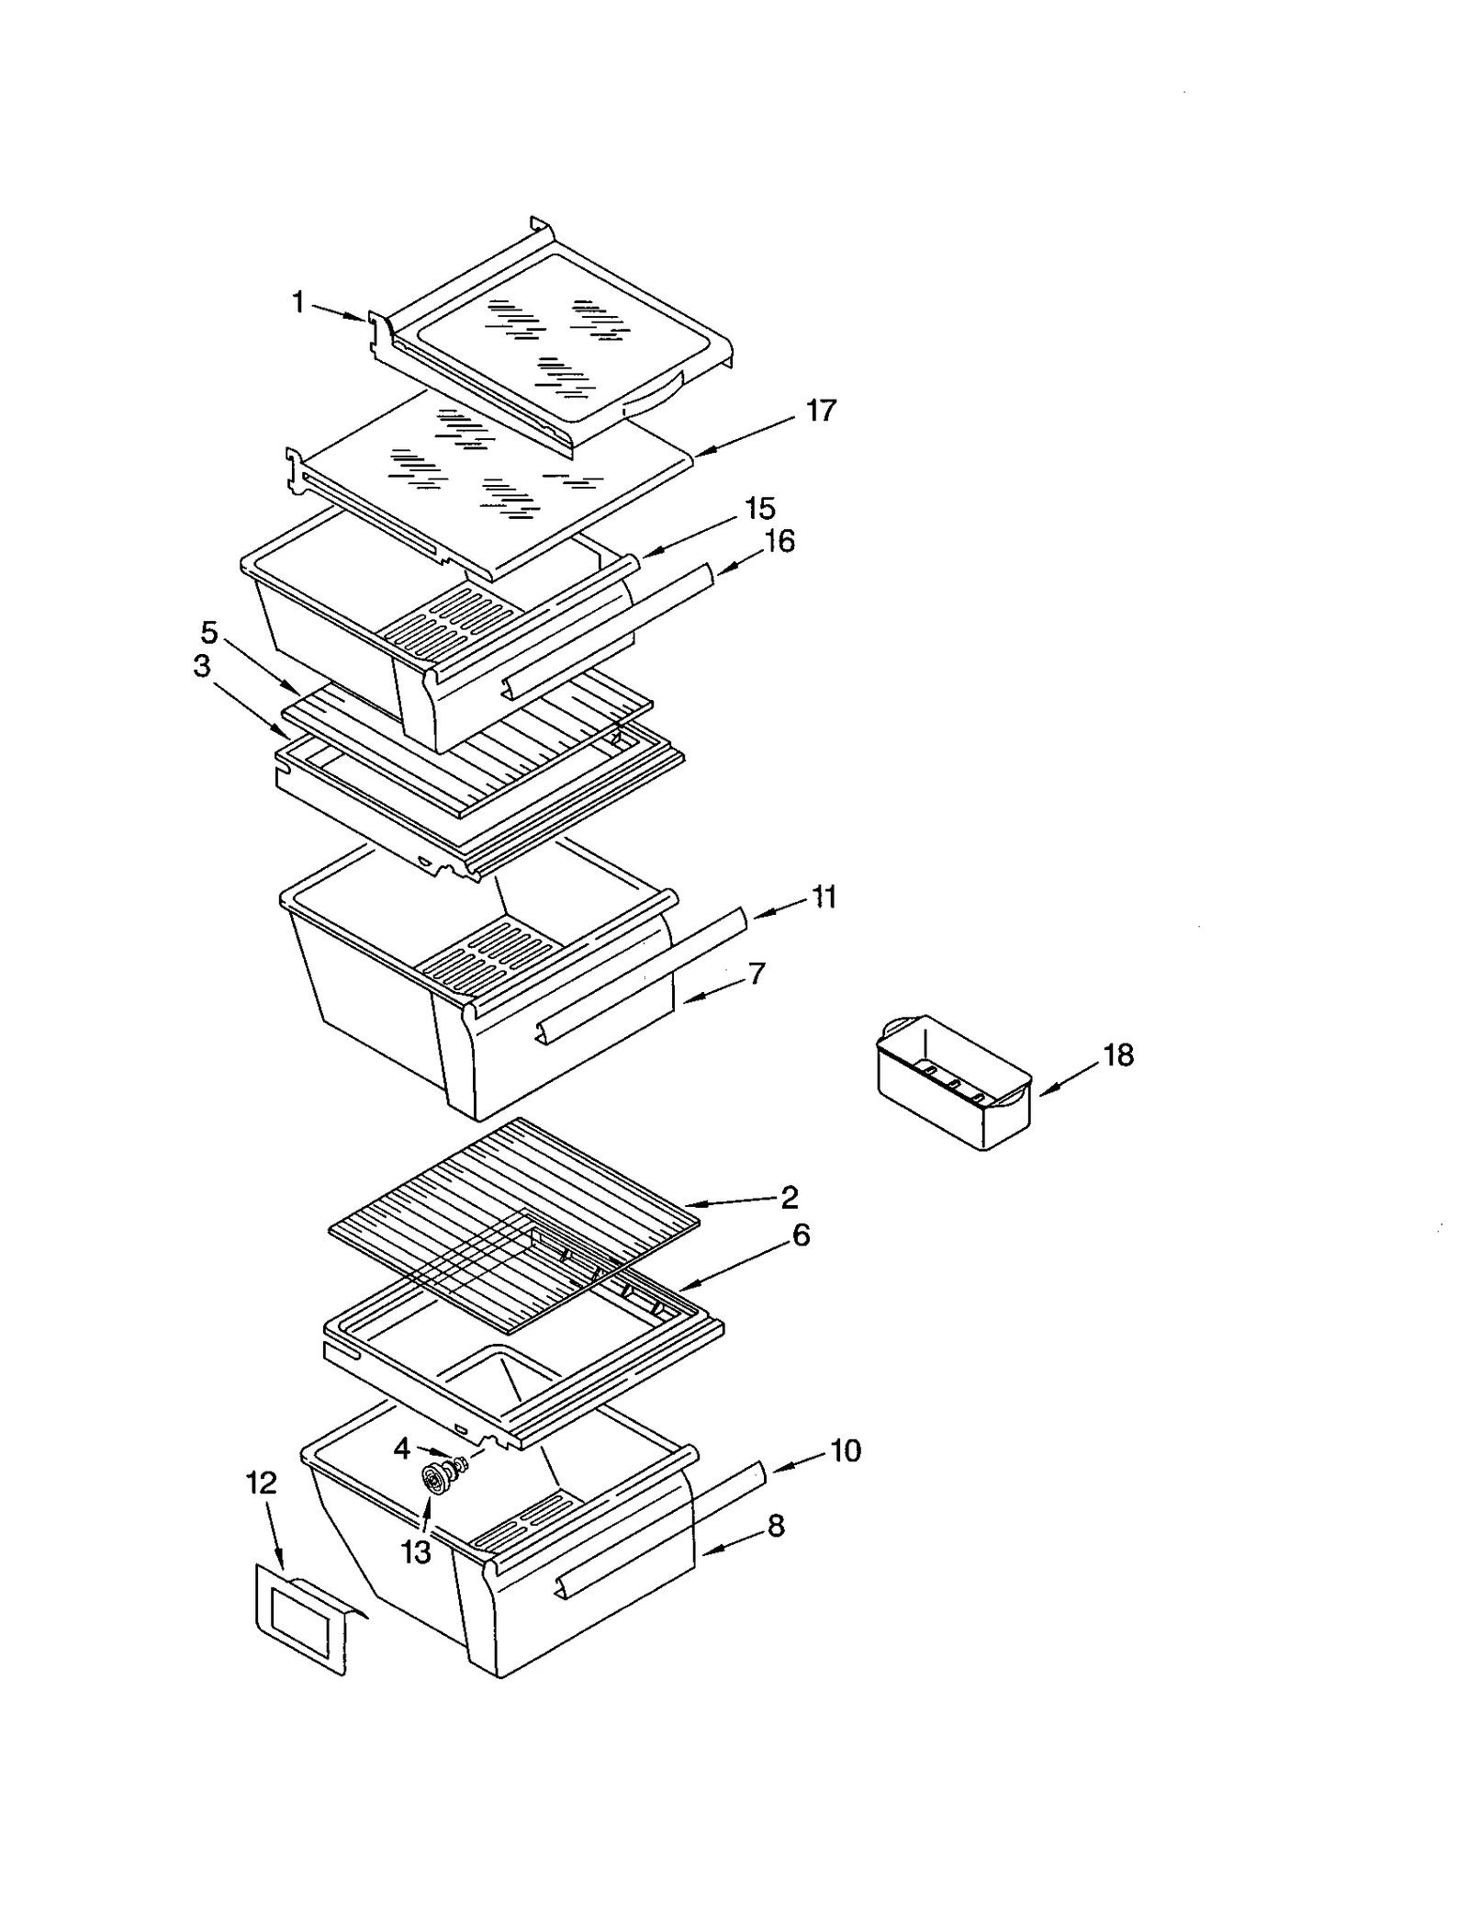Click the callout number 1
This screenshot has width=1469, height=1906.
pyautogui.click(x=297, y=301)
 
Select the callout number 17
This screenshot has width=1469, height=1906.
pyautogui.click(x=821, y=410)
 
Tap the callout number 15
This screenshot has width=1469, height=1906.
pyautogui.click(x=759, y=508)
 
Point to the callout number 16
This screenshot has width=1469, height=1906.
pyautogui.click(x=779, y=541)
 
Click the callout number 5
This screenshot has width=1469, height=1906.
pyautogui.click(x=209, y=632)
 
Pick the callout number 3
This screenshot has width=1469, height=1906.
pyautogui.click(x=202, y=666)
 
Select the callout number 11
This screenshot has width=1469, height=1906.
pyautogui.click(x=824, y=897)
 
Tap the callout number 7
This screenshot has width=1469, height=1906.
pyautogui.click(x=757, y=974)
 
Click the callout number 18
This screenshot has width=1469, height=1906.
pyautogui.click(x=1117, y=1055)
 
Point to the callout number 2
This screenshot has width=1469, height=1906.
pyautogui.click(x=789, y=1196)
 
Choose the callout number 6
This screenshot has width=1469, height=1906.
pyautogui.click(x=801, y=1235)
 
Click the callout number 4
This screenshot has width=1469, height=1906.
pyautogui.click(x=401, y=1449)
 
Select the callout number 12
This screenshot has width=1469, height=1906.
pyautogui.click(x=262, y=1483)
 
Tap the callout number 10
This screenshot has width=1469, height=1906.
pyautogui.click(x=845, y=1450)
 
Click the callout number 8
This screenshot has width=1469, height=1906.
pyautogui.click(x=776, y=1526)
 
